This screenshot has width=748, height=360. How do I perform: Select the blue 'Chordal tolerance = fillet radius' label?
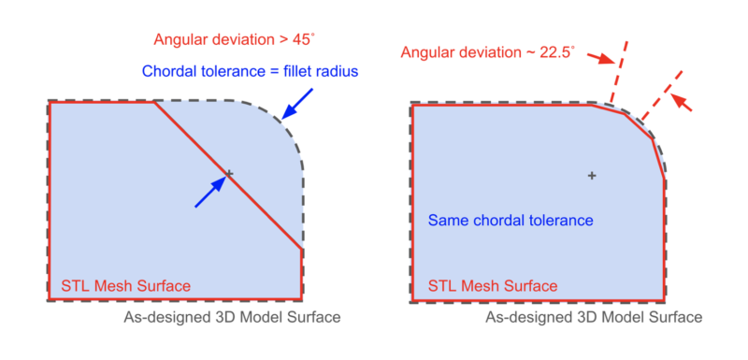click(x=251, y=71)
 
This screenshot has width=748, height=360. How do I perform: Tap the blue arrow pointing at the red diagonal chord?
click(x=212, y=188)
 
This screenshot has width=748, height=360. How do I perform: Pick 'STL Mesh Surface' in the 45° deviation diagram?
click(x=126, y=286)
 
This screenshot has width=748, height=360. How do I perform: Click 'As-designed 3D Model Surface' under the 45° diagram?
click(x=232, y=318)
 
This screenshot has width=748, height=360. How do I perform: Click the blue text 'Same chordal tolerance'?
click(x=511, y=221)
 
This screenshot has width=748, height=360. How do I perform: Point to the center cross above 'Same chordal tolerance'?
click(x=591, y=175)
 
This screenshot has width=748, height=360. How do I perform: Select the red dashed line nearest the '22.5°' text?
click(x=618, y=72)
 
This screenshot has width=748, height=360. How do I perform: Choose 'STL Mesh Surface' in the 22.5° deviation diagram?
click(x=493, y=286)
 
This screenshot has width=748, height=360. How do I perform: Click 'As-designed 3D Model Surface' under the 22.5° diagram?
click(x=593, y=318)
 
